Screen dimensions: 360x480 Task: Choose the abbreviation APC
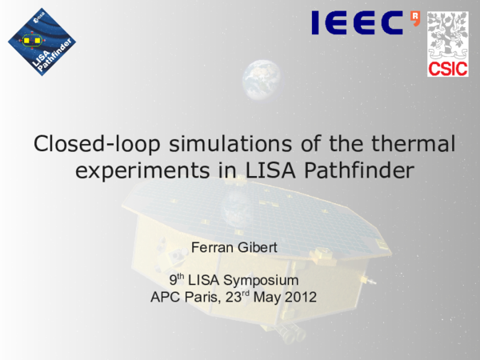click(165, 298)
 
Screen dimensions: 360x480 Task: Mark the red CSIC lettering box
click(446, 68)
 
